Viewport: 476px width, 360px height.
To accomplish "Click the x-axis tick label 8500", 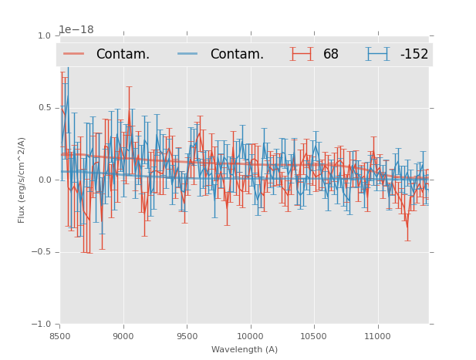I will tap(60, 336).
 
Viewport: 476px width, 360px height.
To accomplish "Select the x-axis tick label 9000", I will tap(123, 336).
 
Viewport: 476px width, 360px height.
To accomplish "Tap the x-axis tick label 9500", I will tap(187, 336).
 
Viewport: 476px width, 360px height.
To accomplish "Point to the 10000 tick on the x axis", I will tap(250, 336).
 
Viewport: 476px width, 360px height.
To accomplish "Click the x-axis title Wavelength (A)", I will tap(245, 350).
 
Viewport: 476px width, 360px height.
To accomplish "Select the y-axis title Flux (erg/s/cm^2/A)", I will tap(22, 180).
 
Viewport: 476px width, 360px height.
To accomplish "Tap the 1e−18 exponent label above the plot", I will tap(76, 30).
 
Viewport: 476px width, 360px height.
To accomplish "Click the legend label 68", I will tap(330, 55).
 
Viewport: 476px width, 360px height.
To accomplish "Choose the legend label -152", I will tap(414, 55).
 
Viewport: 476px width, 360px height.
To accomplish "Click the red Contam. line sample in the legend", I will tap(74, 54).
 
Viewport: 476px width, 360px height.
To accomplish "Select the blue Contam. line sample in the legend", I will tap(188, 54).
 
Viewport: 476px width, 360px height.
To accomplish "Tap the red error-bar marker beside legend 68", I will tap(302, 54).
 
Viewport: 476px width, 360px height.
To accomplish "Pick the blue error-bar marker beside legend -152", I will tap(378, 54).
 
